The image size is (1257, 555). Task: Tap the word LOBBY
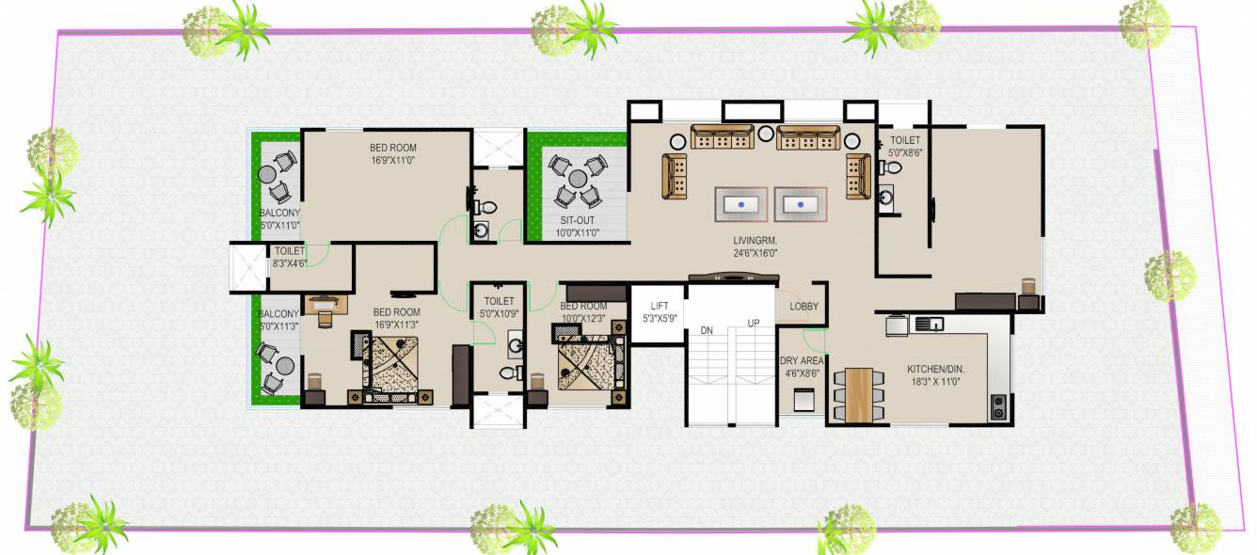coord(804,307)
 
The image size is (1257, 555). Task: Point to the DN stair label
coord(708,329)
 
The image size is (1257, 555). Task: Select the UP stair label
coord(754,323)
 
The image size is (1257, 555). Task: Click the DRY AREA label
coord(801,360)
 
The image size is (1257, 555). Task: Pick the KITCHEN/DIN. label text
coord(938,369)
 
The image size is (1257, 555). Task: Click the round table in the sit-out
coord(575,179)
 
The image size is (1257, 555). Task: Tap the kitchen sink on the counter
coord(930,325)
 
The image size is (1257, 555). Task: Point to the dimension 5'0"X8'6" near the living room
coord(905,151)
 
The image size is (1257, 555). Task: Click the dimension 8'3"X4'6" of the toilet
coord(289,264)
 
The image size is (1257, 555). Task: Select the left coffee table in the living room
coord(742,203)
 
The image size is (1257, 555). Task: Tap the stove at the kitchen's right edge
coord(997,407)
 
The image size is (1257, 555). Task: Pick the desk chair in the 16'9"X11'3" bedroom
coord(325,318)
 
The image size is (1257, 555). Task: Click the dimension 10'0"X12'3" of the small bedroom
coord(583,318)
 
